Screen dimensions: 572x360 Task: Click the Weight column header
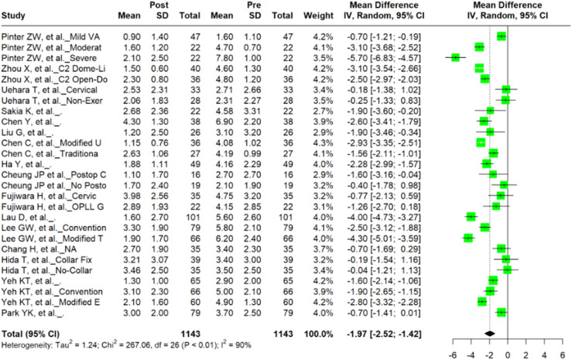click(318, 15)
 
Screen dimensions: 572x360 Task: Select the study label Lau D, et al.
click(29, 218)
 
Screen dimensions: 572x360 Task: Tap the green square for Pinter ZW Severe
click(455, 57)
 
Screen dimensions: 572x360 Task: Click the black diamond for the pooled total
click(489, 334)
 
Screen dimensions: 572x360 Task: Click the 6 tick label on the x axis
click(563, 355)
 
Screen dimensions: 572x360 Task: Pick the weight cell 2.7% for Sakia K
click(323, 111)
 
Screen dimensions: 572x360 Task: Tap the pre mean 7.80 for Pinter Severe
click(221, 58)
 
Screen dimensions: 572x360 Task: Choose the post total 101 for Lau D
click(193, 218)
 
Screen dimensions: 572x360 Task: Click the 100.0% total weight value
click(318, 334)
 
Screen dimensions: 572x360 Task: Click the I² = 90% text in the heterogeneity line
click(238, 345)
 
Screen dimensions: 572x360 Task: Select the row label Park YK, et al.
click(33, 313)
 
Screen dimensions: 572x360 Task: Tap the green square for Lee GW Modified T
click(468, 238)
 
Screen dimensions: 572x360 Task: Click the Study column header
click(13, 15)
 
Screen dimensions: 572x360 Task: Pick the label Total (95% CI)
click(30, 334)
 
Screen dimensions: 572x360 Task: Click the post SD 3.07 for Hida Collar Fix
click(159, 259)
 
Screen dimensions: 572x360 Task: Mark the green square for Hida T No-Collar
click(507, 270)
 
